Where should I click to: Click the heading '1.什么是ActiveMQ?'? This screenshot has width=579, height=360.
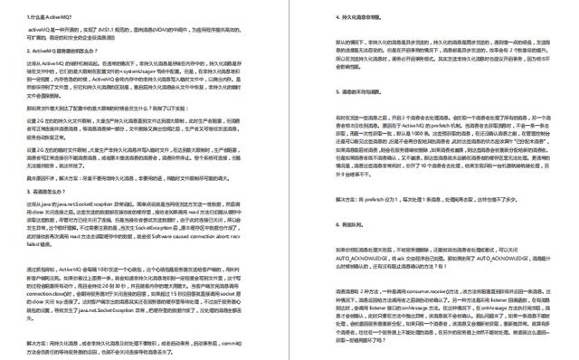50,17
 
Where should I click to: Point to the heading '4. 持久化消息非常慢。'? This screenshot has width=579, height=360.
349,17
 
